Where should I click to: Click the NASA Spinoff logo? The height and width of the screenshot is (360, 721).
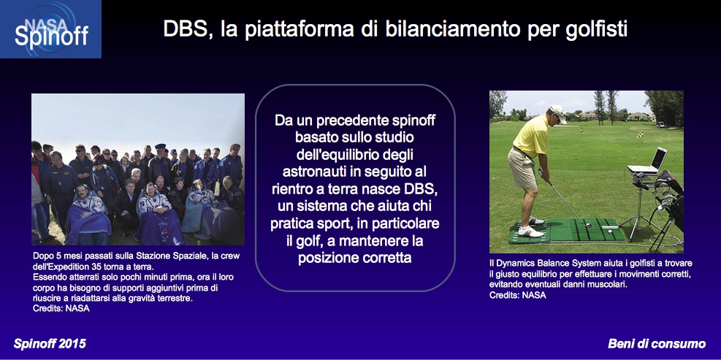click(50, 29)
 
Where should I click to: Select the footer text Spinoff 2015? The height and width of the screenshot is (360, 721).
click(50, 343)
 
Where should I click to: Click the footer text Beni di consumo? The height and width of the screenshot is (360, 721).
click(657, 343)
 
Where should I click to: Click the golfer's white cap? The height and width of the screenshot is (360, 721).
click(559, 113)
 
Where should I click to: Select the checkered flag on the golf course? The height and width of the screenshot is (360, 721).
click(640, 134)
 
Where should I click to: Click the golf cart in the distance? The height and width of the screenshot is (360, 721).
click(660, 124)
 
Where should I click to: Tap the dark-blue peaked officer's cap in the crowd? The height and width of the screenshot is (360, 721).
click(160, 147)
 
